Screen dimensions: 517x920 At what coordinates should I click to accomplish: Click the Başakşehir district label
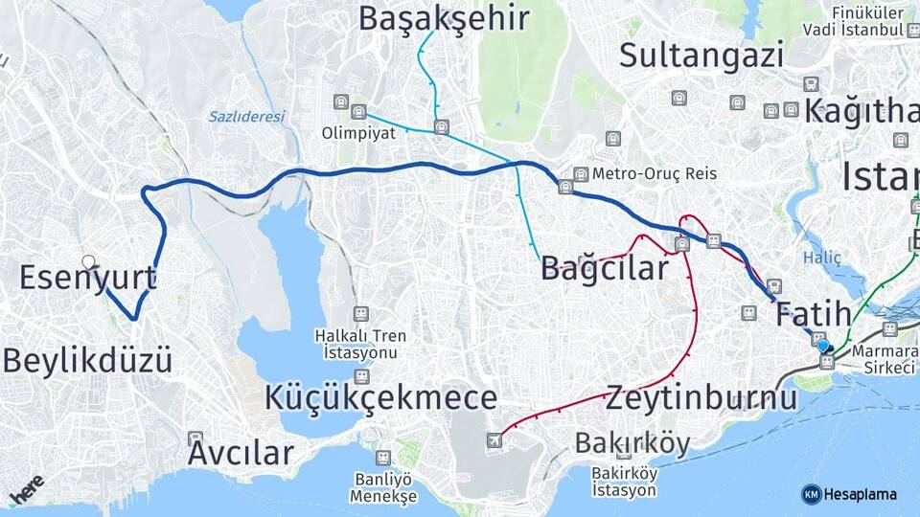click(445, 17)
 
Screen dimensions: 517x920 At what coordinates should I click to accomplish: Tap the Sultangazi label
click(701, 55)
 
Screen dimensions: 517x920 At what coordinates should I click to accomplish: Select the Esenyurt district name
click(88, 279)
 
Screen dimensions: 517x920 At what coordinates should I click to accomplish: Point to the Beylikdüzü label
click(88, 361)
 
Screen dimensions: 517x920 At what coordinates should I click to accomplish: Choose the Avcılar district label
click(240, 453)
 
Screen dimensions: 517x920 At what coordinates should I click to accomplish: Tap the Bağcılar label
click(604, 268)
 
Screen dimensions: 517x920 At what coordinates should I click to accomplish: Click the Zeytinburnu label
click(701, 396)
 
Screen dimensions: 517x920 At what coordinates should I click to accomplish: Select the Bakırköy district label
click(632, 443)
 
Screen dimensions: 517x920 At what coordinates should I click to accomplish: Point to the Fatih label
click(813, 313)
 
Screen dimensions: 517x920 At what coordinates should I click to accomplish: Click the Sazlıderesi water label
click(247, 117)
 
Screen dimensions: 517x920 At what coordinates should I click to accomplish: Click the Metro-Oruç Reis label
click(654, 174)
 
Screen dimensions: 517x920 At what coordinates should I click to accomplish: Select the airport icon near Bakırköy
click(494, 439)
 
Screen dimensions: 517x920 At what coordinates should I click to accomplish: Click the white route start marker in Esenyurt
click(89, 261)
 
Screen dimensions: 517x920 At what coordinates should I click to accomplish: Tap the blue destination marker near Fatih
click(823, 345)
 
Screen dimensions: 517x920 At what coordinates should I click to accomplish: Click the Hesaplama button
click(849, 494)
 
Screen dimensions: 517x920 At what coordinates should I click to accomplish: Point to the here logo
click(26, 490)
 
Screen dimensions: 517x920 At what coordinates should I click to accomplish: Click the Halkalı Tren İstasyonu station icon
click(360, 313)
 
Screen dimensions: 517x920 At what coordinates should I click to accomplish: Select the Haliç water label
click(821, 258)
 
